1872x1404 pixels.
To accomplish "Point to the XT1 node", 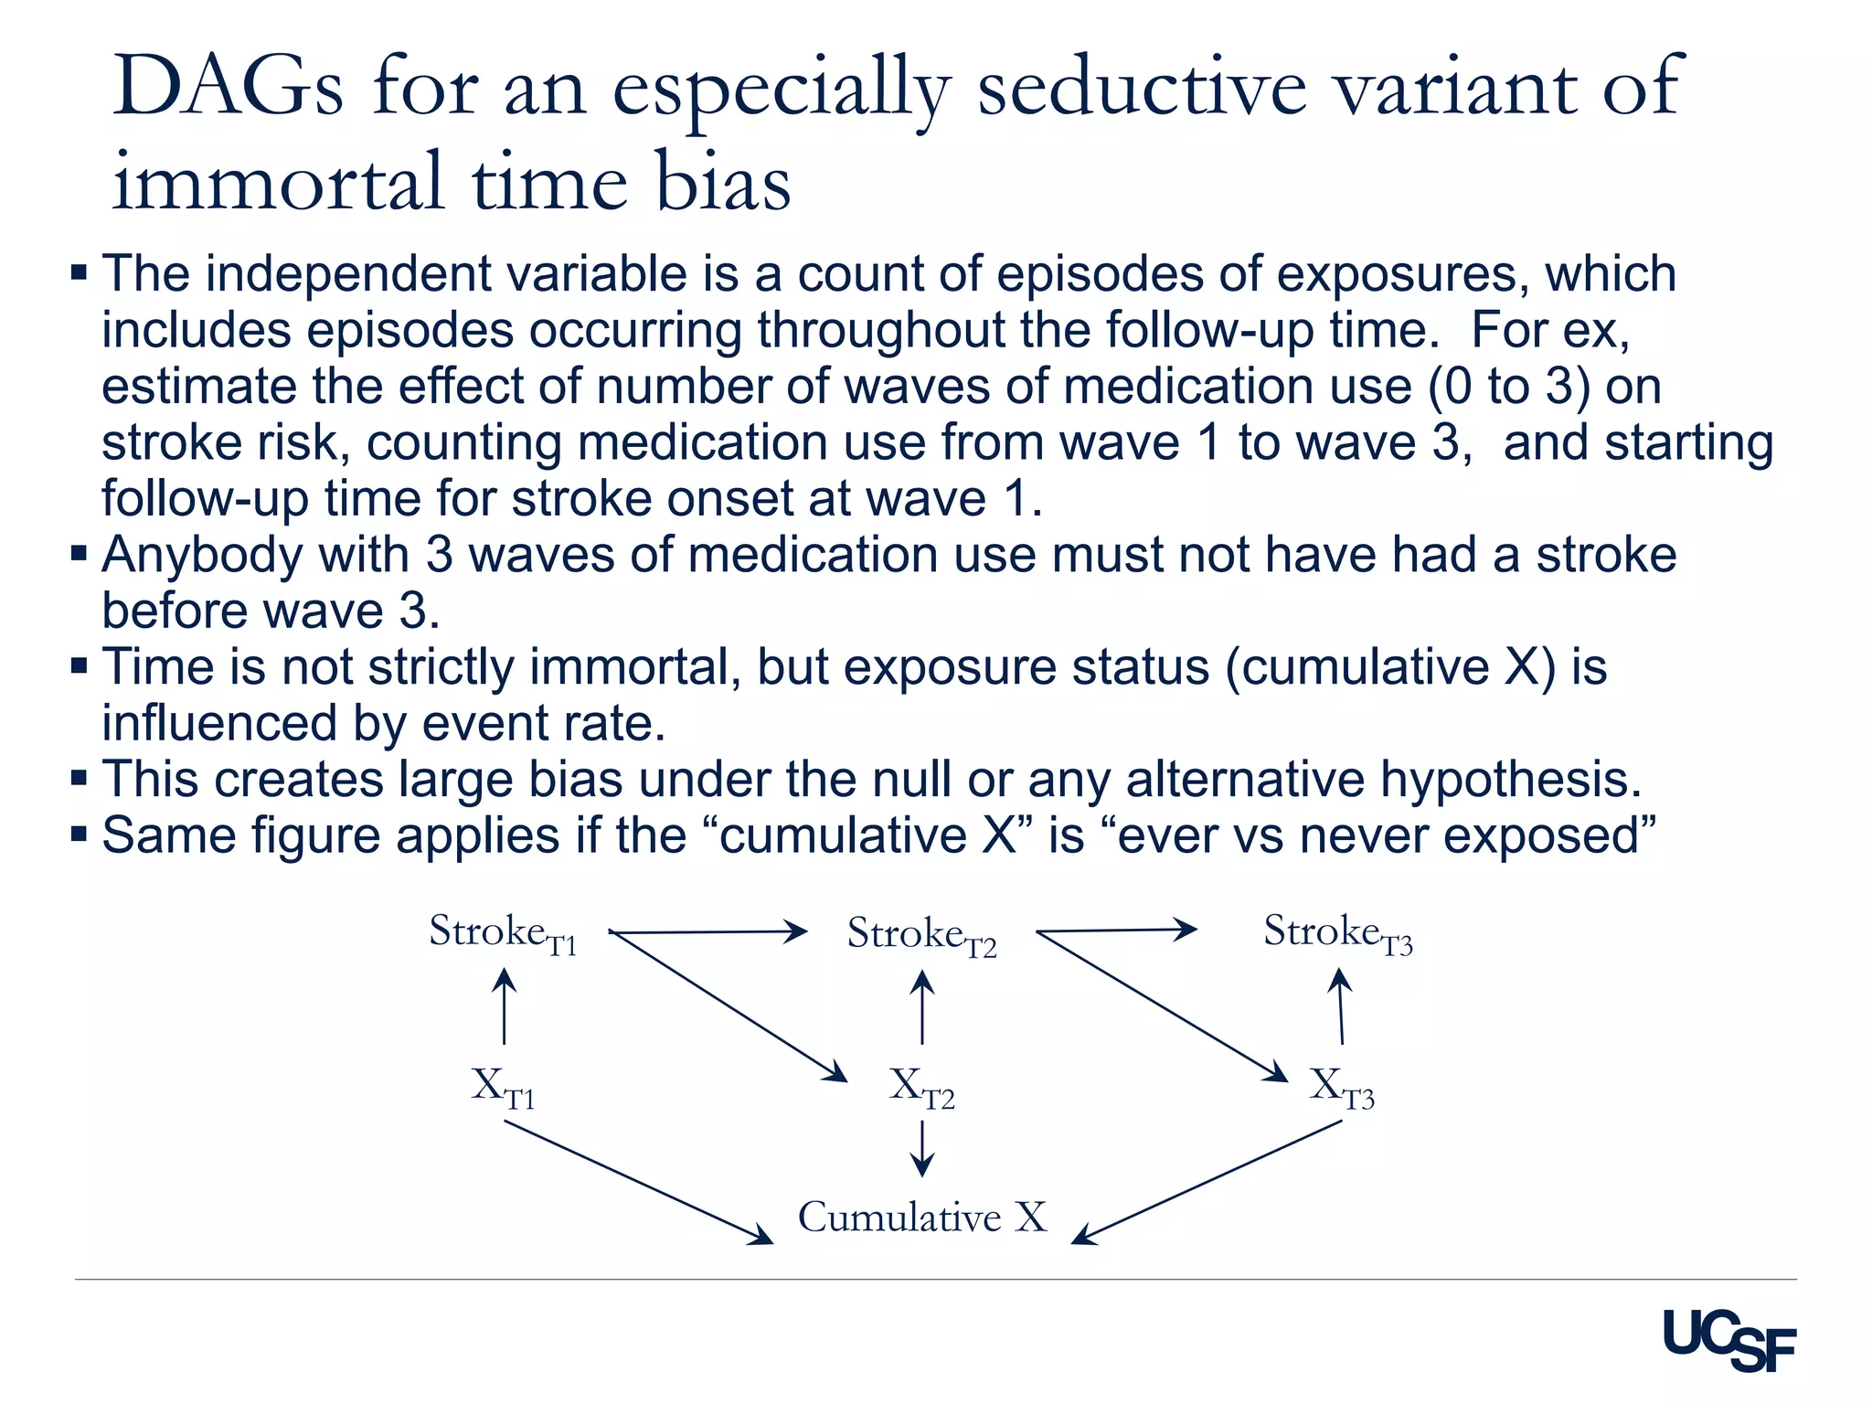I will click(503, 1088).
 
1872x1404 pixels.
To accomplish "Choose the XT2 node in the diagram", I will click(921, 1088).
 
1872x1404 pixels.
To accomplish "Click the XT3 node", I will click(1341, 1088).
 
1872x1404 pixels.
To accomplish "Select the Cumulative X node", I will click(921, 1218).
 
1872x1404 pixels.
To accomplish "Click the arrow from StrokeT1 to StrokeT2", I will click(708, 932).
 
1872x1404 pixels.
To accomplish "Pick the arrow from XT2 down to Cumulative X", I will click(922, 1148).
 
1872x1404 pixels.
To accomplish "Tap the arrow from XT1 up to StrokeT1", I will click(504, 1007).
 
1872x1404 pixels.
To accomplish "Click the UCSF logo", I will click(1728, 1340).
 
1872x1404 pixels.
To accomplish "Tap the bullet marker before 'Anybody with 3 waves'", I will click(80, 553).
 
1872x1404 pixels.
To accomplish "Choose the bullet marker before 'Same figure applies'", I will click(80, 834).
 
